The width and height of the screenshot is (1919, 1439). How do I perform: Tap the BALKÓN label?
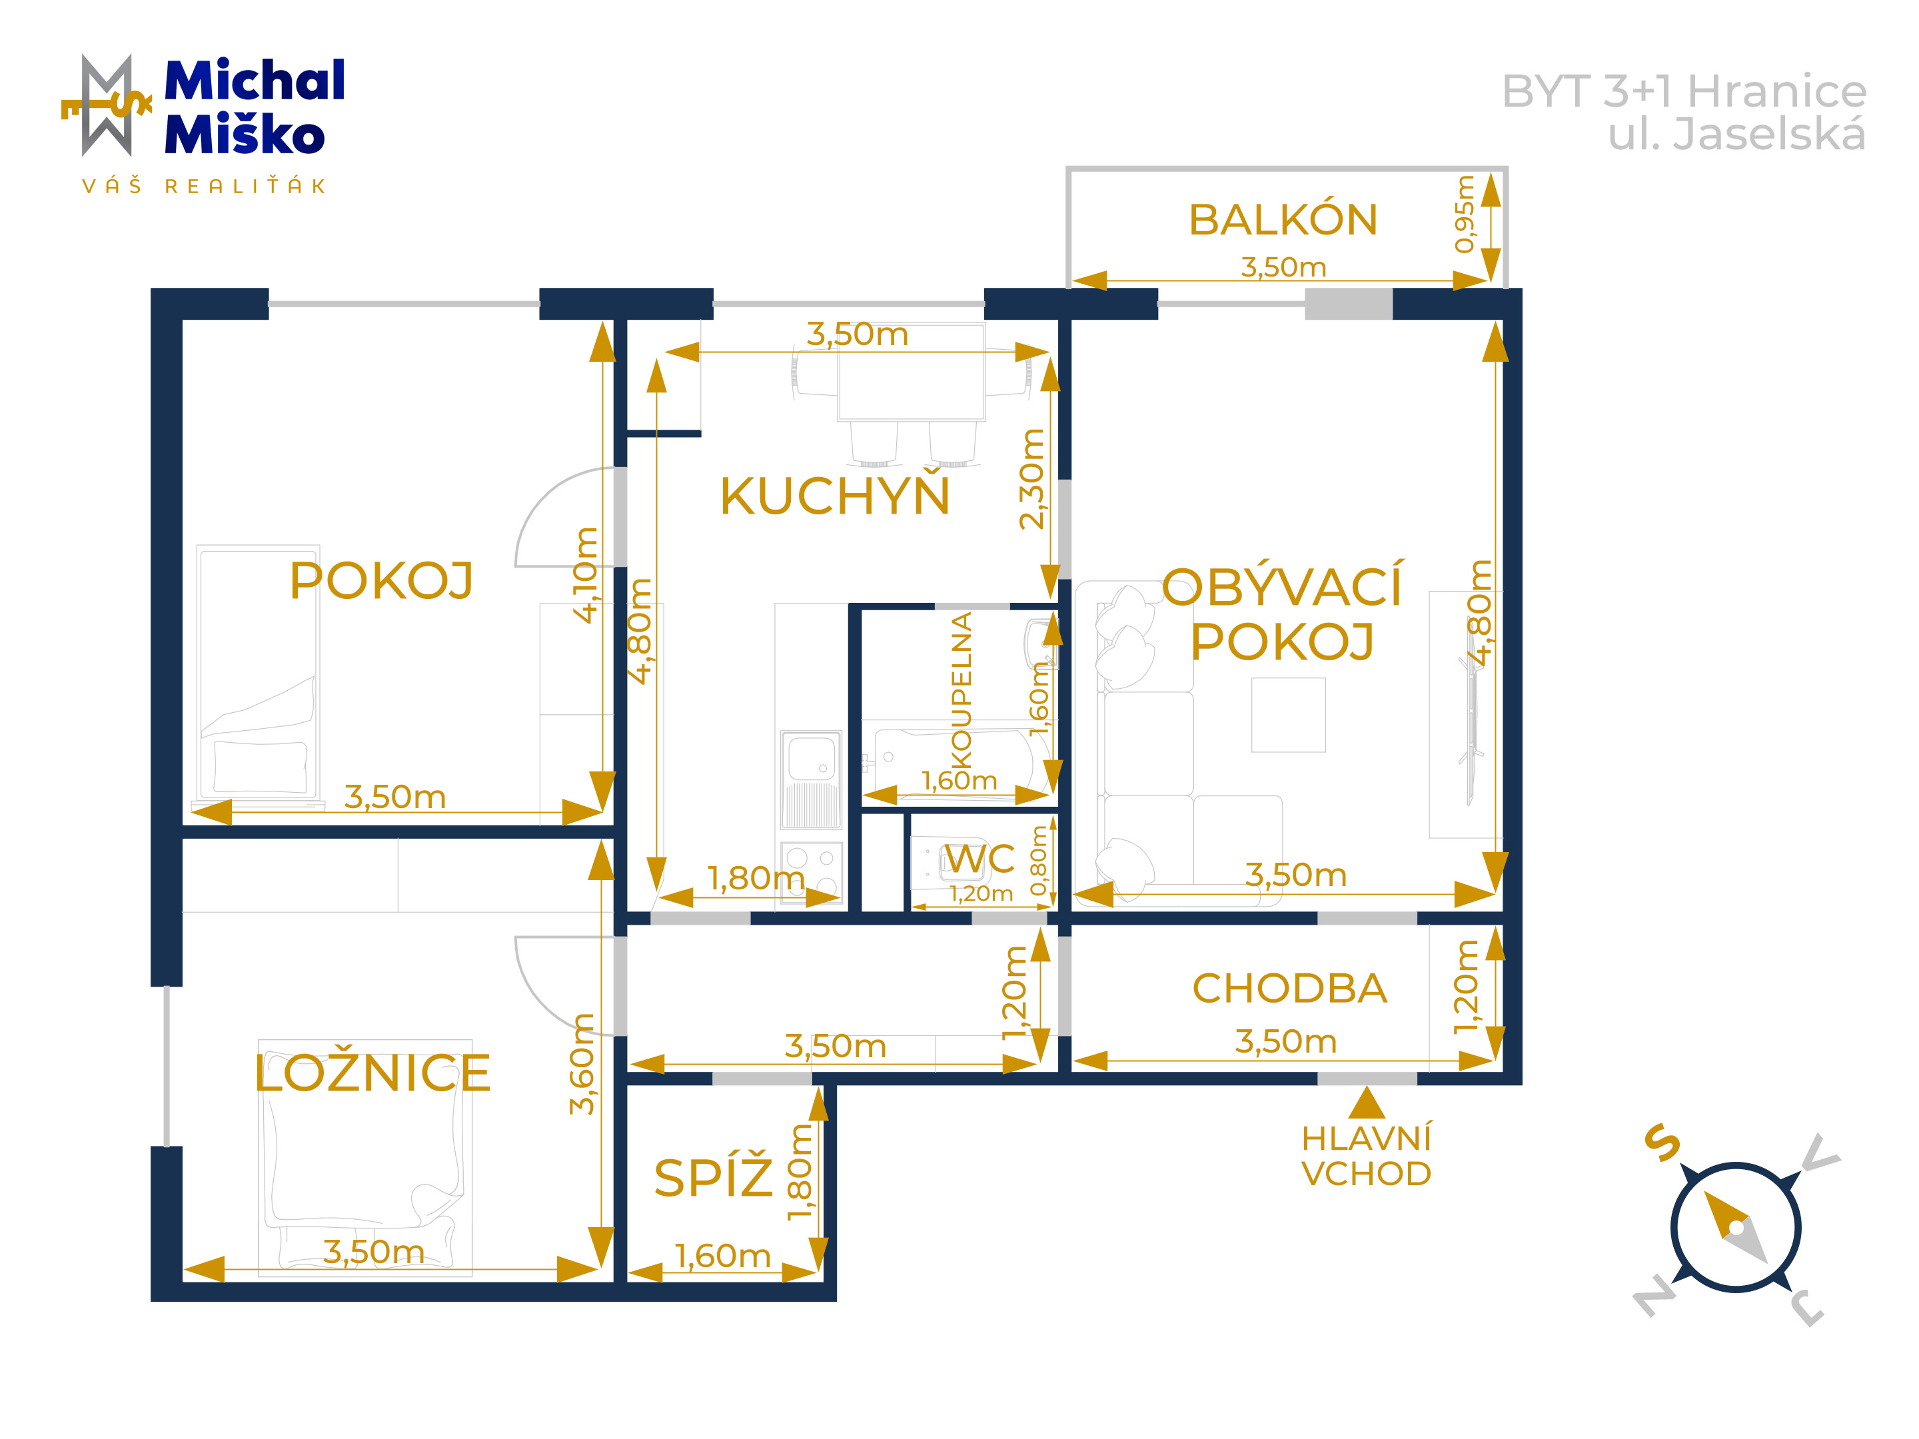[1283, 219]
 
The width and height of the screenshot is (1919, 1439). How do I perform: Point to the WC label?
[979, 859]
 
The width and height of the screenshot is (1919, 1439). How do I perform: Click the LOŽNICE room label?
[373, 1073]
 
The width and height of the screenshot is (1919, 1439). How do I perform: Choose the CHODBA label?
[1289, 988]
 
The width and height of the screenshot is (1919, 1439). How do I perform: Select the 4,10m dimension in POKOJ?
[586, 575]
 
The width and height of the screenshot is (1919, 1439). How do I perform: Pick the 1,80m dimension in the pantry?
[799, 1172]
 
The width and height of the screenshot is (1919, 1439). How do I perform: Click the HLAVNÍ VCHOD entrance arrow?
[1367, 1103]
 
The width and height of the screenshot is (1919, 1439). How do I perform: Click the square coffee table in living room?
[1288, 715]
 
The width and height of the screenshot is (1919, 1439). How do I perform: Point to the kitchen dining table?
[911, 372]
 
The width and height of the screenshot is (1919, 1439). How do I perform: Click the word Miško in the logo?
[245, 135]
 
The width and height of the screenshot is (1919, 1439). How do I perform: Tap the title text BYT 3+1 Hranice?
[1684, 91]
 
